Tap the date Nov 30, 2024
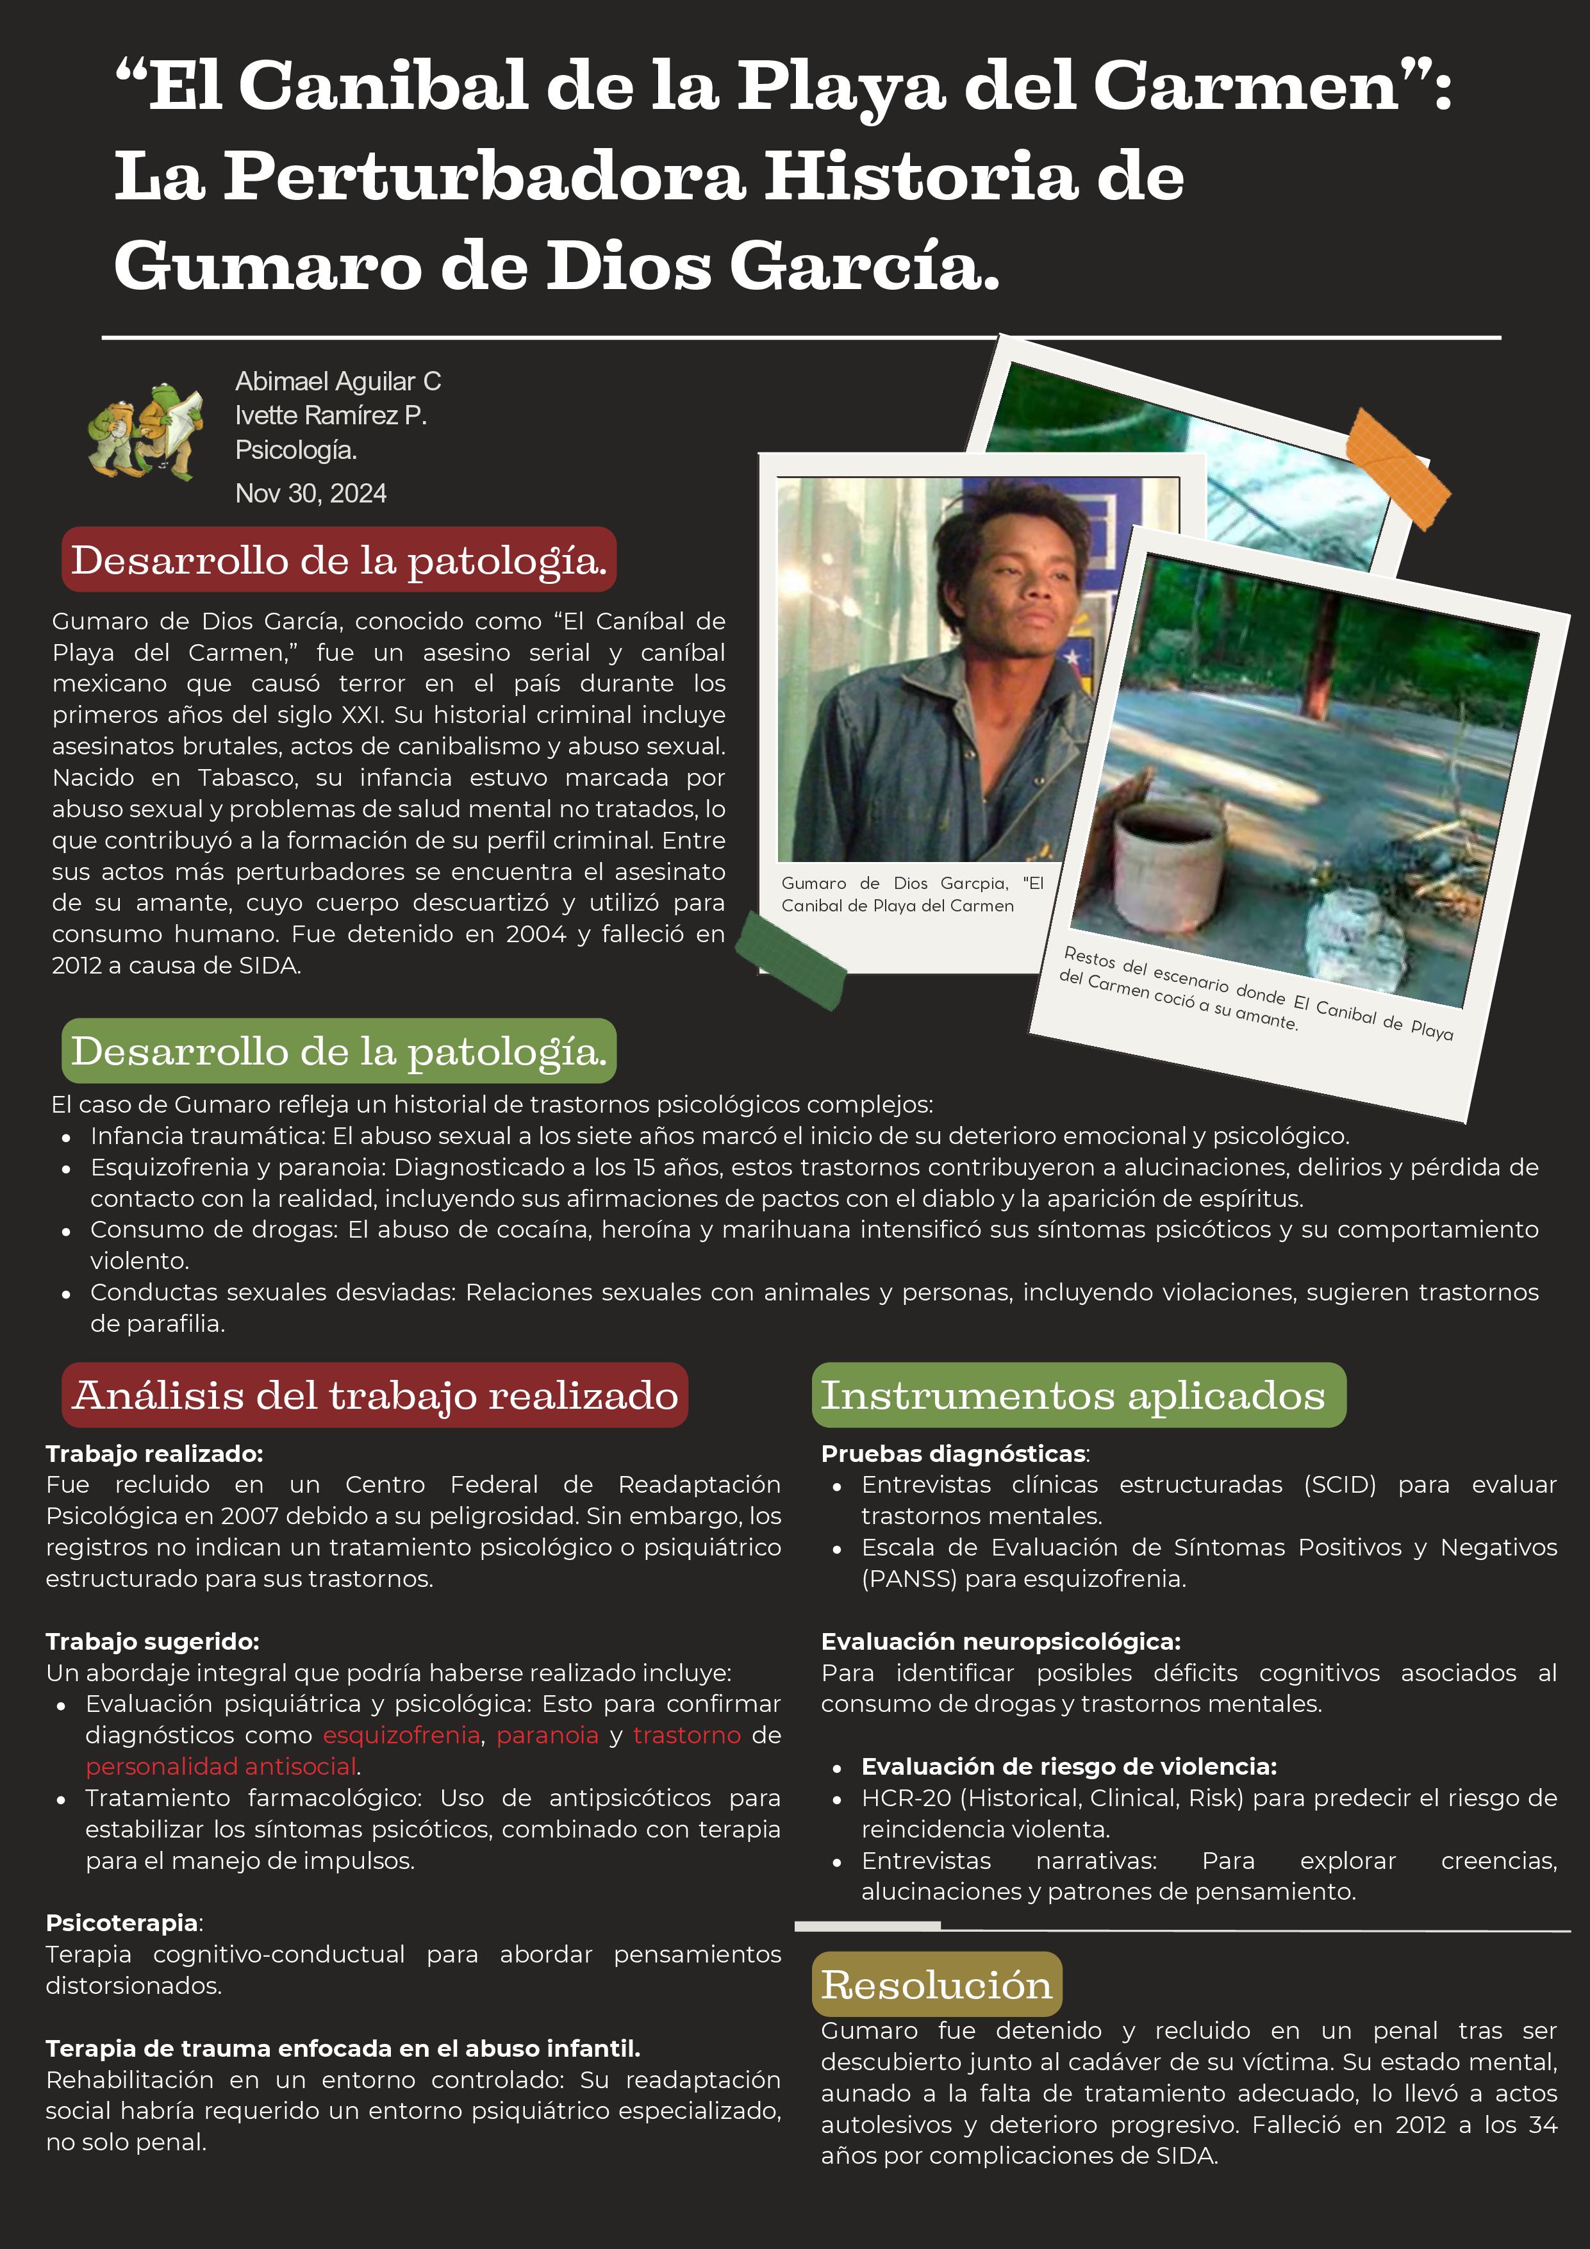tap(311, 494)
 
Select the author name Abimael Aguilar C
tap(338, 381)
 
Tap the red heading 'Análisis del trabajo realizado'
tap(375, 1395)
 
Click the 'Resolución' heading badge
tap(936, 1984)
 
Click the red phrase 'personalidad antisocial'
tap(220, 1766)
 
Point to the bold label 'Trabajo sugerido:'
tap(153, 1641)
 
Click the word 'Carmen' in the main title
tap(1246, 86)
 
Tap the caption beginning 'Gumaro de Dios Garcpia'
tap(911, 894)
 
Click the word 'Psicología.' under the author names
tap(296, 449)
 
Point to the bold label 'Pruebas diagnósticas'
tap(953, 1454)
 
